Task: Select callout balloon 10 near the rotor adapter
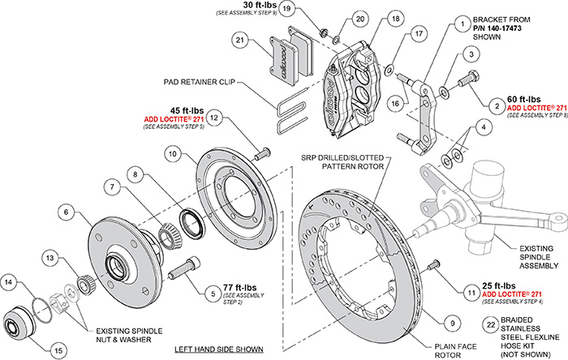click(174, 152)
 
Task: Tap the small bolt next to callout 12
click(261, 152)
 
